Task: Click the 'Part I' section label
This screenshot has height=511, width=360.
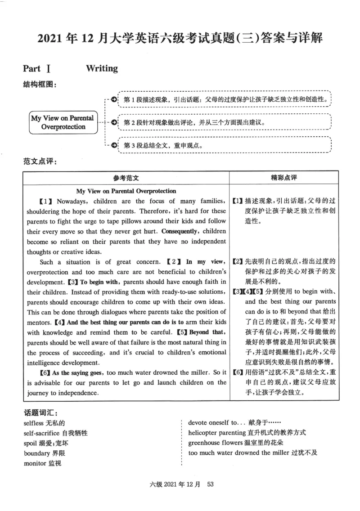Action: [37, 69]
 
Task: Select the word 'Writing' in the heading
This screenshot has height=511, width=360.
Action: [102, 69]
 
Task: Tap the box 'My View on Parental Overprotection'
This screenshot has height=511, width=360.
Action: [63, 122]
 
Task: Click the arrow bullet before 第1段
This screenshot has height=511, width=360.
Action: [114, 99]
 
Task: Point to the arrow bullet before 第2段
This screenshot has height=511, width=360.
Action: [114, 122]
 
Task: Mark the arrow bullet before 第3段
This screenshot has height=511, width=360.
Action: [114, 145]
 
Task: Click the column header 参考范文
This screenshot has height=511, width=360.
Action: [126, 178]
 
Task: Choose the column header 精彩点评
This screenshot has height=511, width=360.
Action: [283, 178]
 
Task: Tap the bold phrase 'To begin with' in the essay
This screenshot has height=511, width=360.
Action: [99, 282]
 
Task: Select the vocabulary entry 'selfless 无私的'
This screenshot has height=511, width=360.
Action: [45, 423]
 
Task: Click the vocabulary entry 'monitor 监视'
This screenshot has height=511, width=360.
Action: [42, 463]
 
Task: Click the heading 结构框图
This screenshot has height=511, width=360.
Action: [40, 84]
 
